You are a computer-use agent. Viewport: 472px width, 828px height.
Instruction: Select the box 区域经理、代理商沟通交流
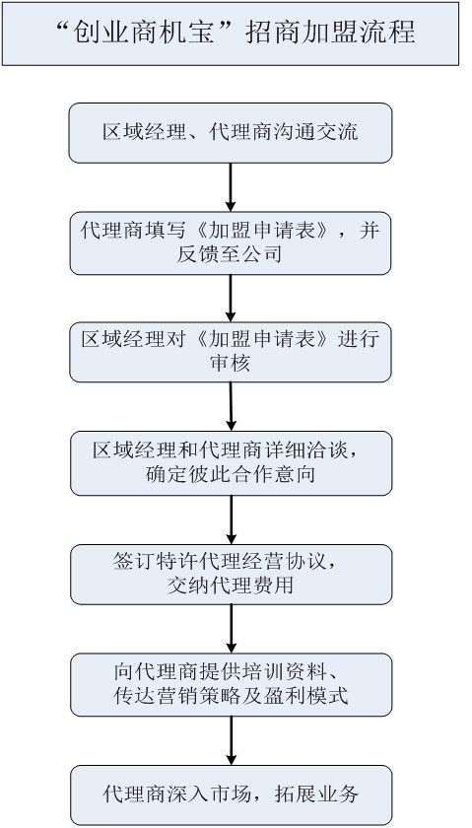point(231,132)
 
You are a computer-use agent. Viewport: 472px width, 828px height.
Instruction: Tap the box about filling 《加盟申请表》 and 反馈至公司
point(231,242)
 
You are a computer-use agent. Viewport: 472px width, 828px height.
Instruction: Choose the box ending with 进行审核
point(231,351)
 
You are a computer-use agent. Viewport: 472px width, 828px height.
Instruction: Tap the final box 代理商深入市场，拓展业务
point(231,794)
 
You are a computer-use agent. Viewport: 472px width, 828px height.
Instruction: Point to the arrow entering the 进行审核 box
point(231,297)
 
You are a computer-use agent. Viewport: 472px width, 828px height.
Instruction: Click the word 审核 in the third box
point(231,364)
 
